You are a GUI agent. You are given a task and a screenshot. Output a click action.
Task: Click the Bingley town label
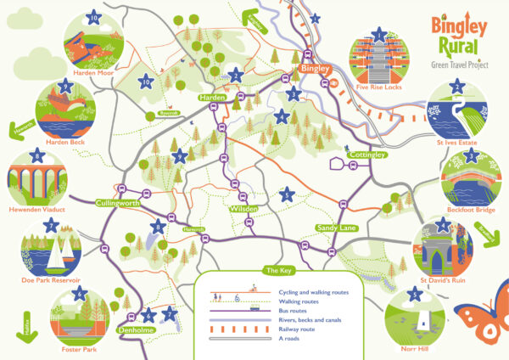pyautogui.click(x=313, y=67)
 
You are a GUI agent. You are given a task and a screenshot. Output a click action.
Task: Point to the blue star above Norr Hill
pyautogui.click(x=414, y=295)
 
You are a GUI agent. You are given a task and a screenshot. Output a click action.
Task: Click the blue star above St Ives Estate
pyautogui.click(x=458, y=87)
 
